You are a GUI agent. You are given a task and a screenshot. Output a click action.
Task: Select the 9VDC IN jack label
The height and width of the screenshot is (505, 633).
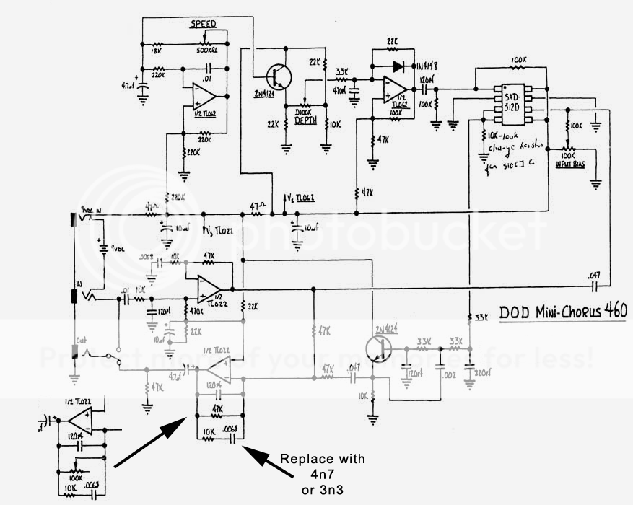tap(99, 211)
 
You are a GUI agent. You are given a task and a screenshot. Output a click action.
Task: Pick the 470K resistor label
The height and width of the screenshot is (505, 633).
tap(194, 312)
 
